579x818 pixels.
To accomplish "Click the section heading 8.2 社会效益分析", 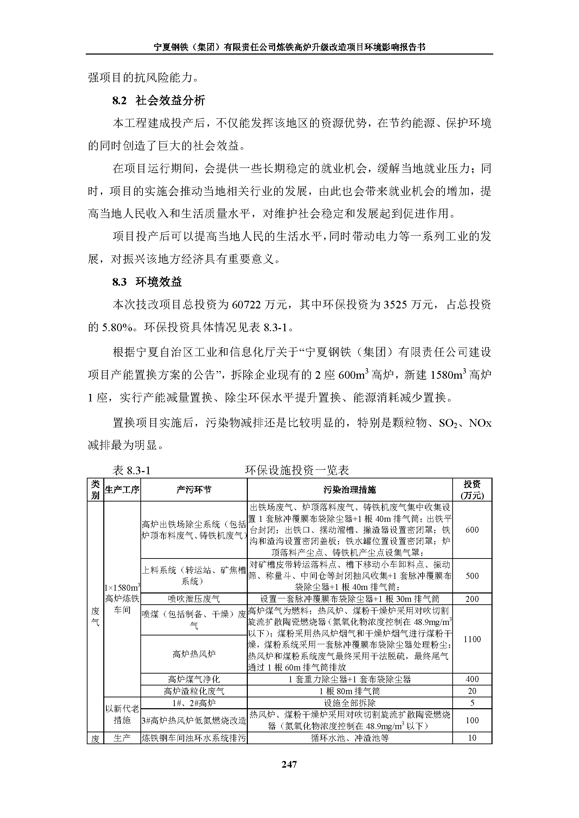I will point(159,101).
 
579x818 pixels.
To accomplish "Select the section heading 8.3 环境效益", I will point(147,282).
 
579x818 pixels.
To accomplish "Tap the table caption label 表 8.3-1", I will point(132,471).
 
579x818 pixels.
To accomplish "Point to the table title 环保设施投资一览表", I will point(297,471).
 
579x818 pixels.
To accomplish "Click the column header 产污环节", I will point(194,490).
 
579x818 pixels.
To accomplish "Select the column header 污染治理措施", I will point(349,490).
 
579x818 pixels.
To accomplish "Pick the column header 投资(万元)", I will point(472,490).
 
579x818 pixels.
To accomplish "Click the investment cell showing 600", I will point(472,530).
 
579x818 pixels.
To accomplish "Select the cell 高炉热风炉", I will point(194,654).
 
